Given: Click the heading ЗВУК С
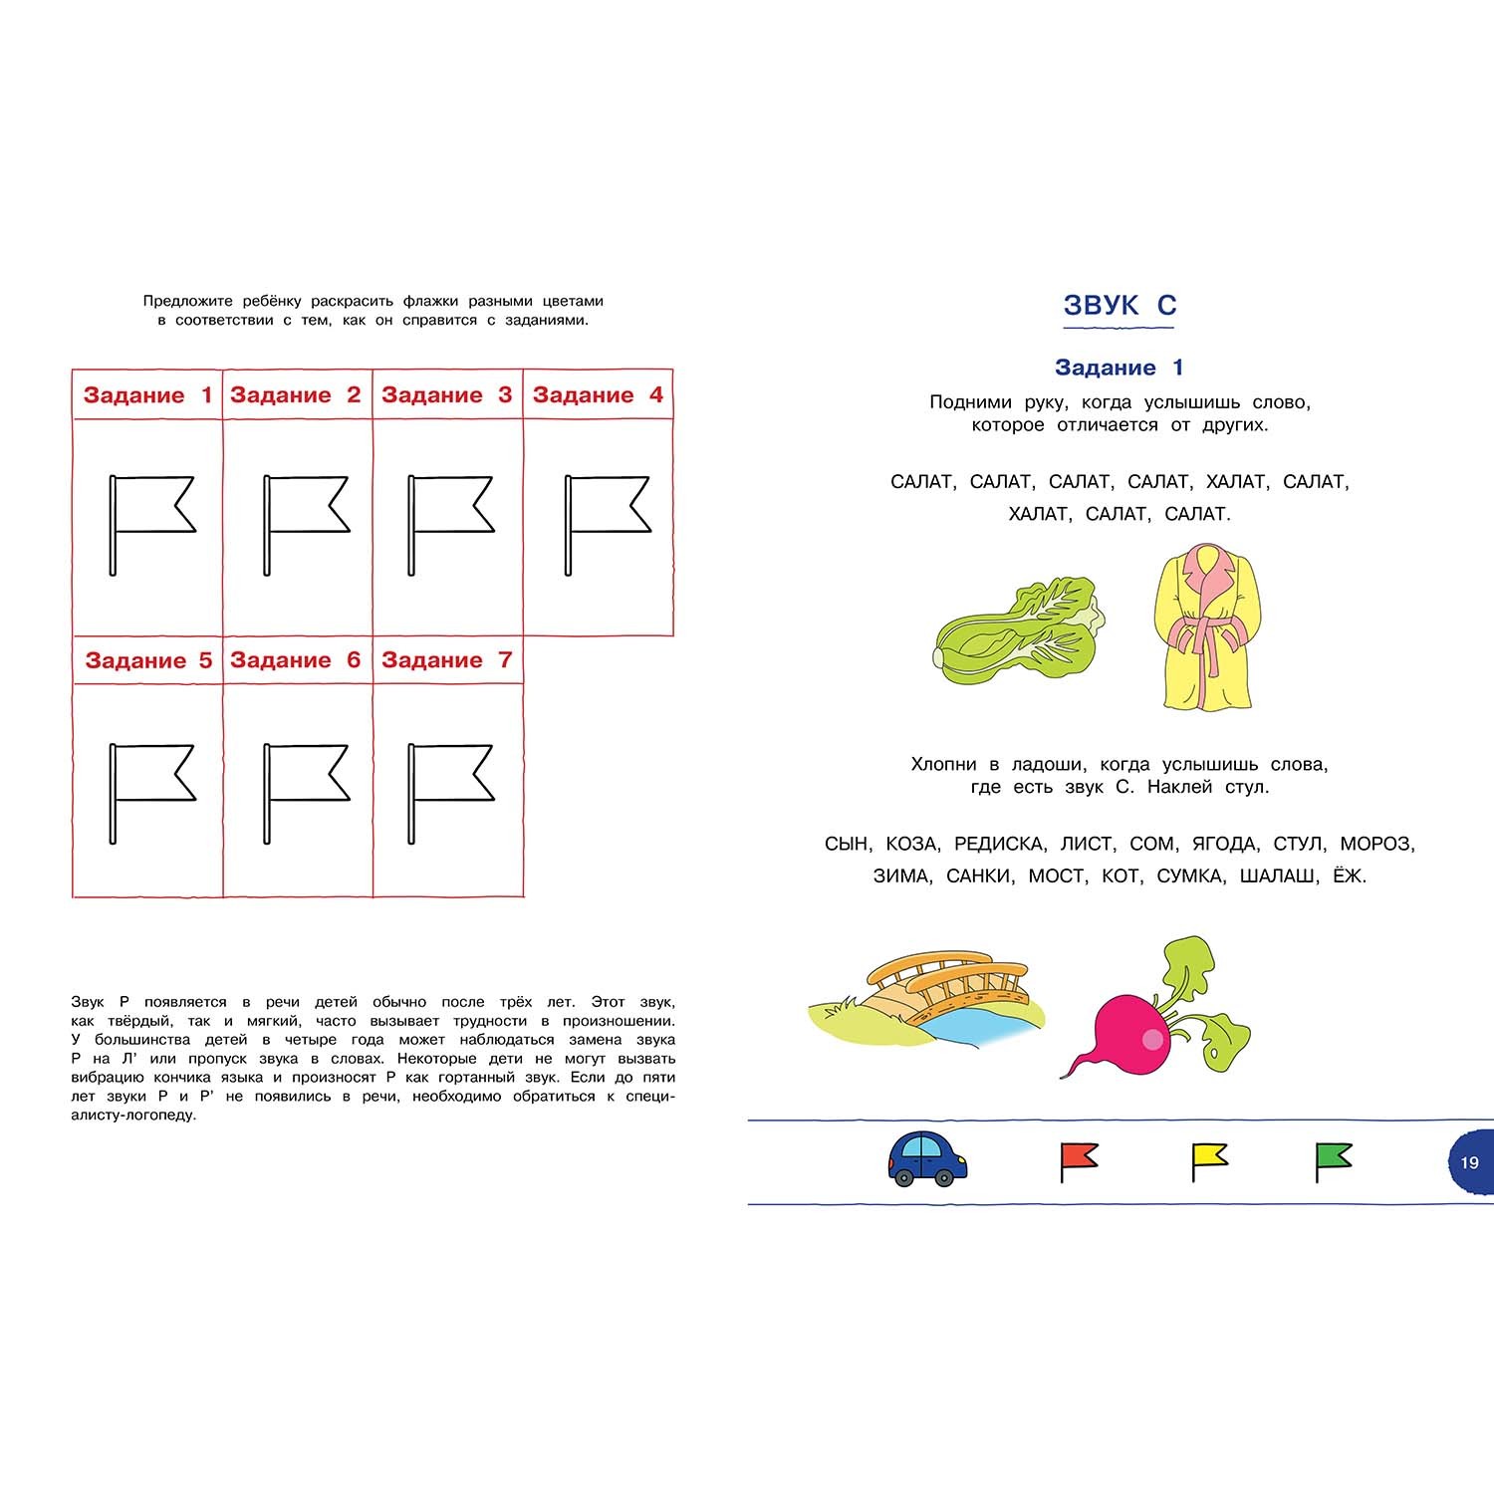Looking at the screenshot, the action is coord(1120,305).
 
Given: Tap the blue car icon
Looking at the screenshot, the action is coord(927,1158).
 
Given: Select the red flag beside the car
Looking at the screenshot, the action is coord(1079,1161).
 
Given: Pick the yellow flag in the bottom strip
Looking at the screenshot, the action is coord(1209,1161).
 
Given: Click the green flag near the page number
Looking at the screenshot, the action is coord(1334,1161).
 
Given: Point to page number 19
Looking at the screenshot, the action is coord(1469,1162).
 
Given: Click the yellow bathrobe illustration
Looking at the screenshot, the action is coord(1209,626).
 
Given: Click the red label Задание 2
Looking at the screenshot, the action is coord(296,395).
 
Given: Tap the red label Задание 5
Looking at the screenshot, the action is coord(148,660).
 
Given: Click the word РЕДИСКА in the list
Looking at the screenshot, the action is coord(999,844).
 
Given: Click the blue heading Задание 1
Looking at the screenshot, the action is coord(1120,368).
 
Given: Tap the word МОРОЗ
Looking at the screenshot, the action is coord(1374,844).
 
